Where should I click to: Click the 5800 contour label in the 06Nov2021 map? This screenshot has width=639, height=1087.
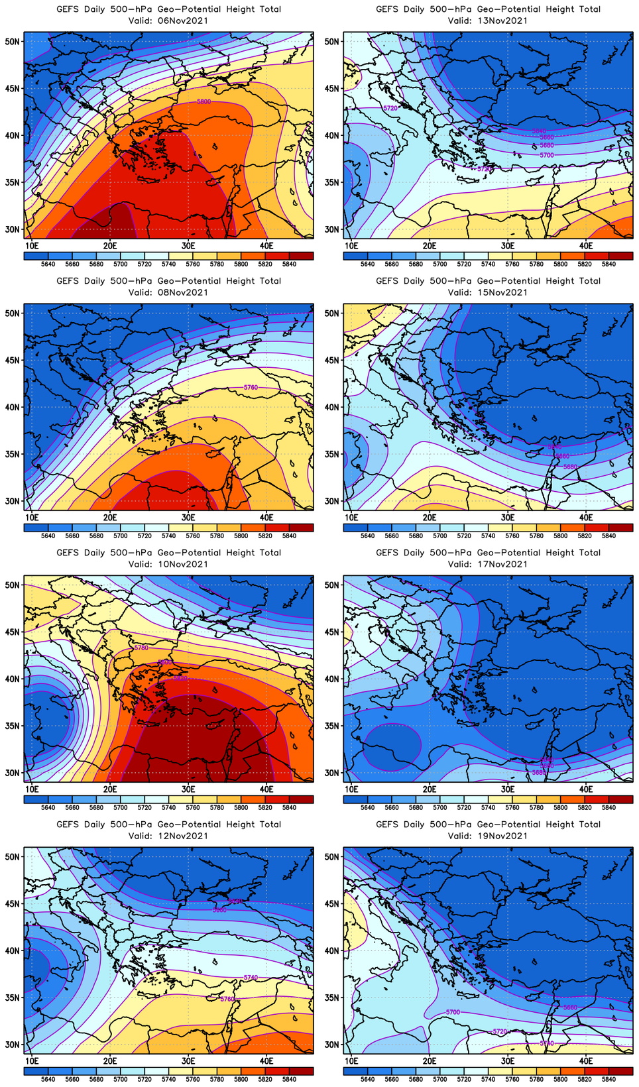click(204, 101)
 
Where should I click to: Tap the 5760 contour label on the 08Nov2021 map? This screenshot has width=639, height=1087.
click(251, 387)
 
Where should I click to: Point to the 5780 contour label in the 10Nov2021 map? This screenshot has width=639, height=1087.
click(141, 648)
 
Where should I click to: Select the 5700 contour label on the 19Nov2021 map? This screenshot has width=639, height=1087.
click(453, 1012)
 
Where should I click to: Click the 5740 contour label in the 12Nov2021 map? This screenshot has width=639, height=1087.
click(251, 978)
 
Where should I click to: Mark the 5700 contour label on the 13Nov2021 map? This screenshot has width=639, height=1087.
click(547, 155)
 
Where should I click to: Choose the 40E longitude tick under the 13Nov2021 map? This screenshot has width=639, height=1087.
click(586, 246)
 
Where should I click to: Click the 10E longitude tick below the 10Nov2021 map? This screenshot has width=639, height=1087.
click(32, 789)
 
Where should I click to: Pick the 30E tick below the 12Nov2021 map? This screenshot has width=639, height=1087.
click(188, 1061)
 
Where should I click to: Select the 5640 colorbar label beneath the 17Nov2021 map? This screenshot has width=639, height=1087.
click(367, 807)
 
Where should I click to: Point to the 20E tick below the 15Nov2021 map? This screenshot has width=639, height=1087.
click(430, 518)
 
